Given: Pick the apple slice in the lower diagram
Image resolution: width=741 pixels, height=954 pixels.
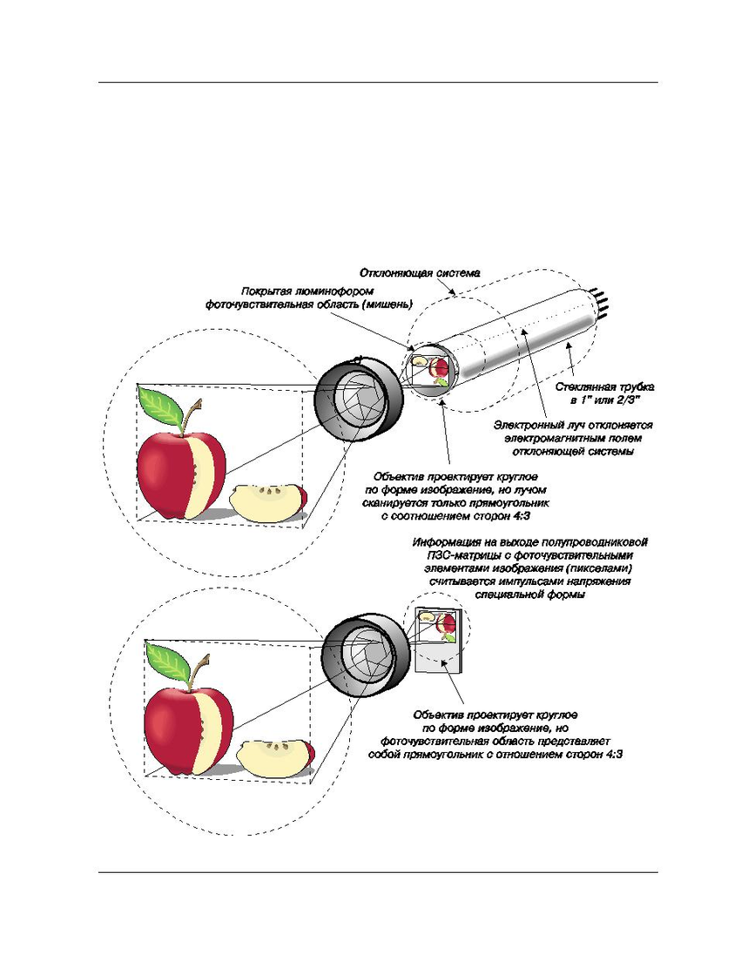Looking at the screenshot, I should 275,756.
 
